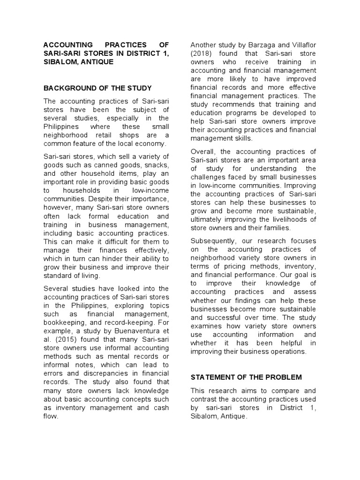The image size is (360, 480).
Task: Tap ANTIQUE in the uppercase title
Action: click(x=96, y=62)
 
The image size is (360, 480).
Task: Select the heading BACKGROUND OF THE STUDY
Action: click(x=97, y=88)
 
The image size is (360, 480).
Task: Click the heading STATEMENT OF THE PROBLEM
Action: click(x=246, y=377)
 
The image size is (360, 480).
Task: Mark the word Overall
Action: click(x=203, y=151)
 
